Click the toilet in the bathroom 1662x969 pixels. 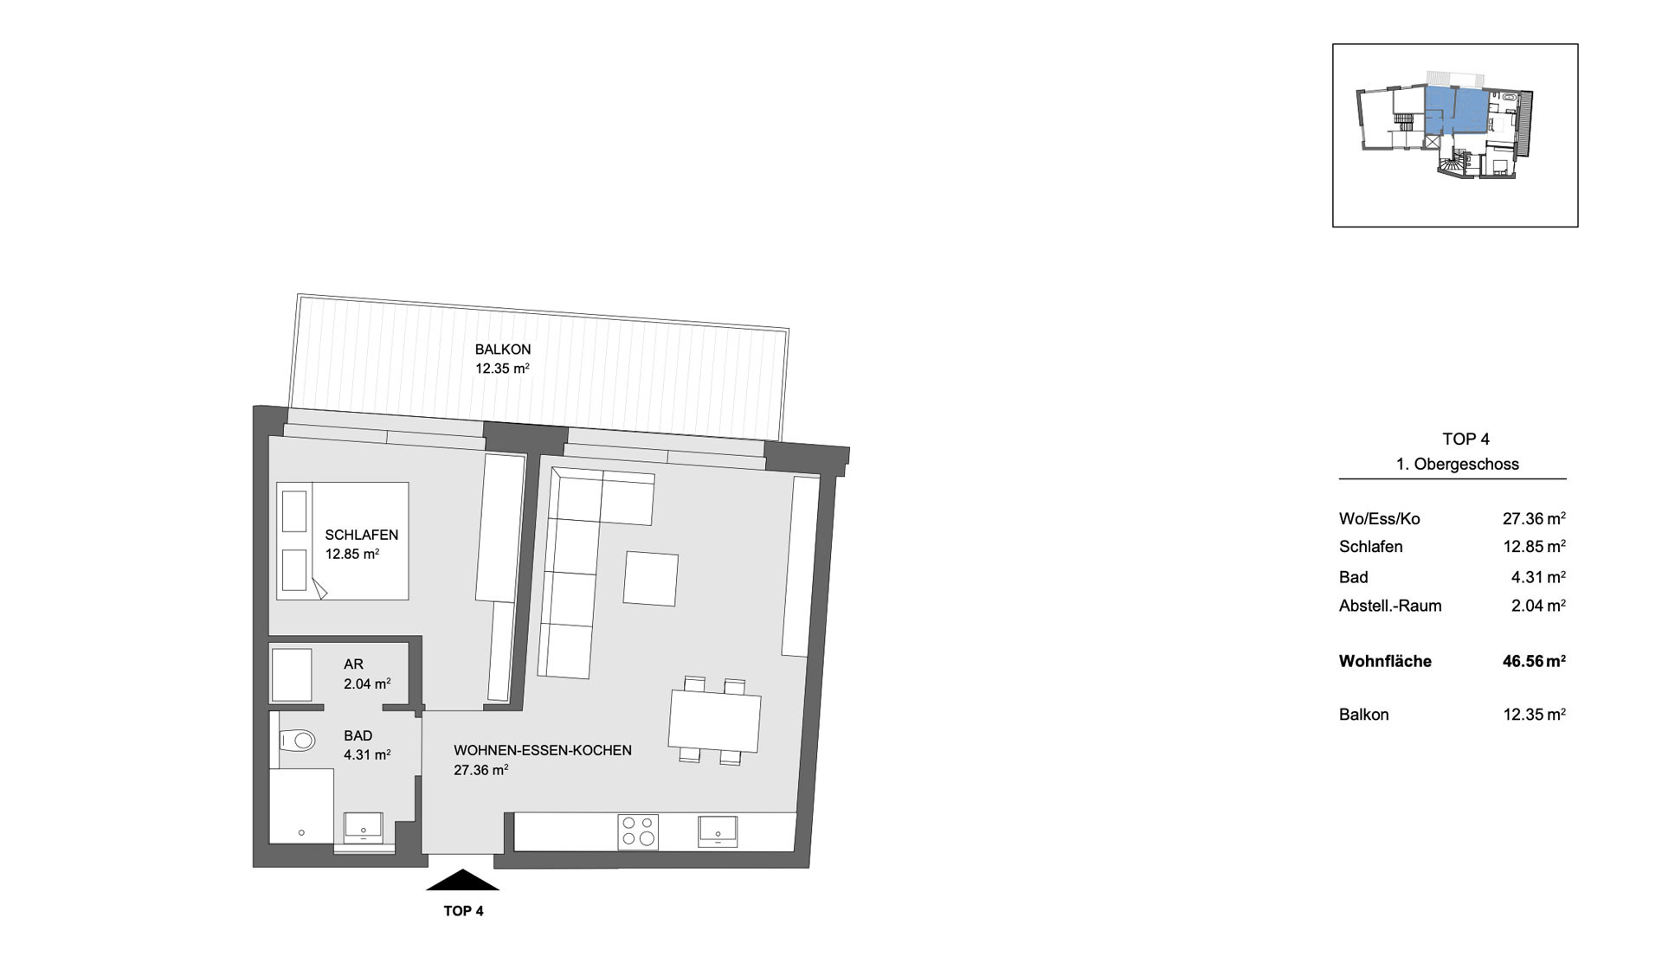297,741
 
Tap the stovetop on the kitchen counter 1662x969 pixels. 638,831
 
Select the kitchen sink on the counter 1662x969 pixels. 718,831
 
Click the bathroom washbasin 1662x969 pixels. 364,828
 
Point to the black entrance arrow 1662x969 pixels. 462,880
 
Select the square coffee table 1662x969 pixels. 651,579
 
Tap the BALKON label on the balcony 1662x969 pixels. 503,350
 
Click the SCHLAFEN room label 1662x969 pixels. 362,535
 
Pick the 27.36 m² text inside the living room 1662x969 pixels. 481,770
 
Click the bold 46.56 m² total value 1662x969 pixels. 1534,661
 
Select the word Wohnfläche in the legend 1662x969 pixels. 1385,661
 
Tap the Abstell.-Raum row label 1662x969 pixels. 1390,606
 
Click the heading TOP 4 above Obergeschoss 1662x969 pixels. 1466,439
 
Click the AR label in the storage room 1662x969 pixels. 353,664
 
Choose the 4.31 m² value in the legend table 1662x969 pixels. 1538,577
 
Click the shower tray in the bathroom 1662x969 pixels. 301,805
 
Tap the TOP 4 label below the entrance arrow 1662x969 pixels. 463,911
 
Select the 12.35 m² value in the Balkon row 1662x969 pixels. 1535,715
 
